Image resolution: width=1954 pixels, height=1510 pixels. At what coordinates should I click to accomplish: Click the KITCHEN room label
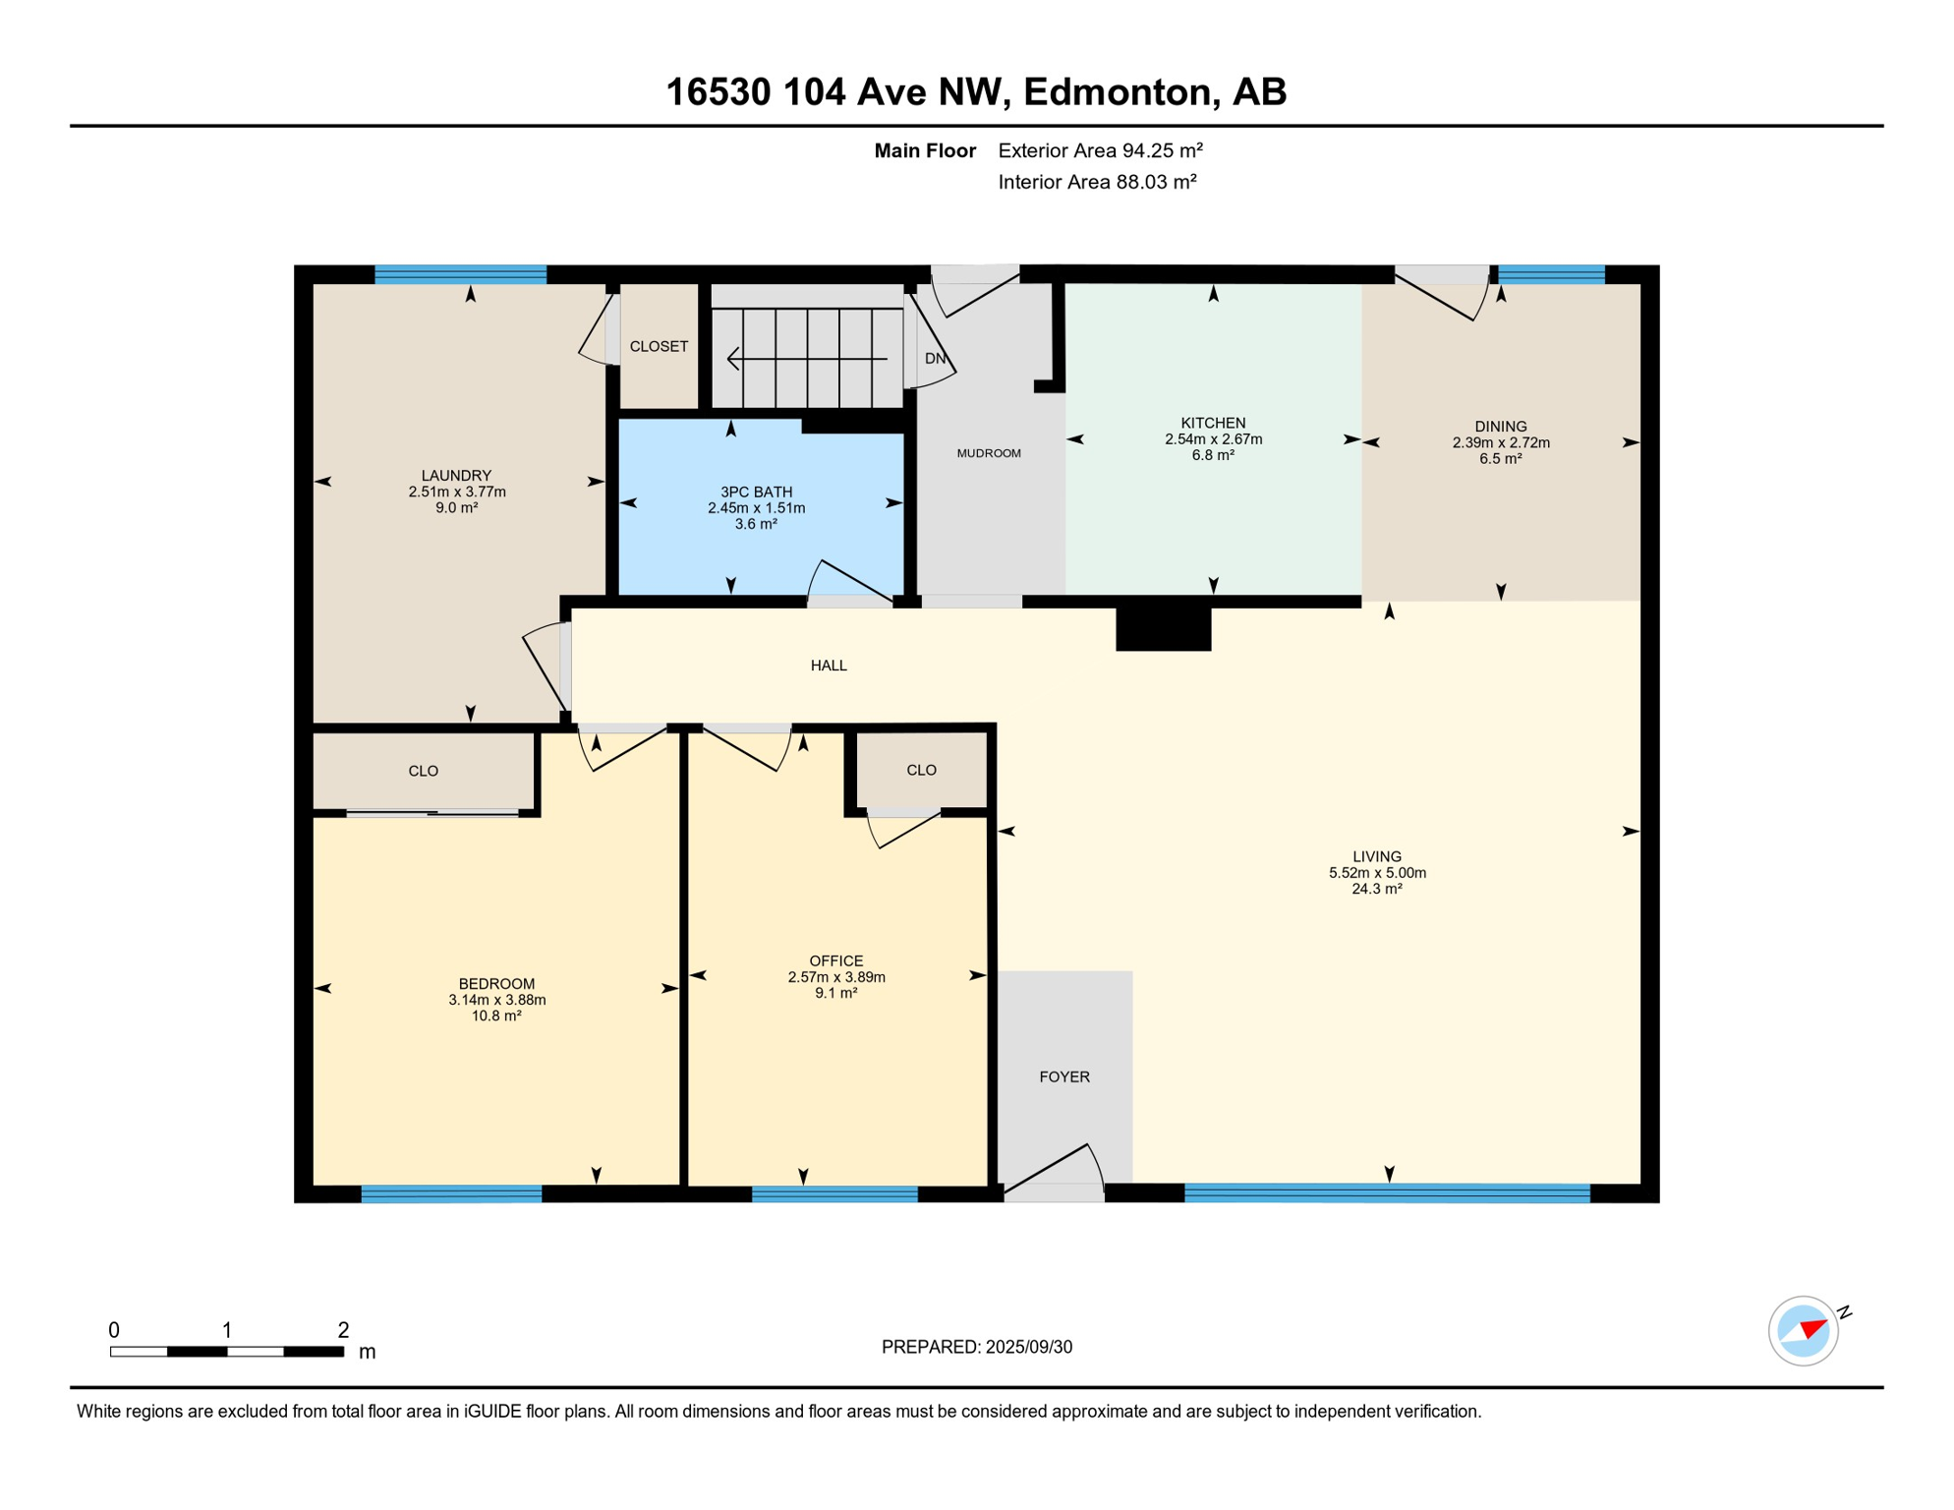tap(1213, 423)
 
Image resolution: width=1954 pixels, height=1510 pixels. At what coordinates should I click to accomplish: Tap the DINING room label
tap(1500, 426)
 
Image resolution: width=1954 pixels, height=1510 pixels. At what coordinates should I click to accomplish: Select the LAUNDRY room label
tap(456, 475)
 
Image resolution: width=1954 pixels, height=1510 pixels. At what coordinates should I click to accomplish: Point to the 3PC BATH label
tap(756, 492)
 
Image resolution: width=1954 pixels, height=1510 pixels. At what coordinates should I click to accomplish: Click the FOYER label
tap(1064, 1076)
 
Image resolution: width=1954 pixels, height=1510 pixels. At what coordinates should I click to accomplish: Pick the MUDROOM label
tap(989, 453)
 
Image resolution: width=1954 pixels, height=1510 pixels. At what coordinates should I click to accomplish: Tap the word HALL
tap(829, 666)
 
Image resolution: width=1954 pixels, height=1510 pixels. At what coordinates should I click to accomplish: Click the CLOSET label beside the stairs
tap(659, 346)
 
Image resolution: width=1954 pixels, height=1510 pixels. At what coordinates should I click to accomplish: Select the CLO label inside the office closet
tap(921, 770)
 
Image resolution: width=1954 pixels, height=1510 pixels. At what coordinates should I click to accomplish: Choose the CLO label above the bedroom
tap(424, 771)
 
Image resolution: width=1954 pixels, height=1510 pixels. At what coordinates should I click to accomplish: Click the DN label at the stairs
tap(935, 358)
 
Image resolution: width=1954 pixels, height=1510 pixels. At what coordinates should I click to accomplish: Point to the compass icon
tap(1804, 1331)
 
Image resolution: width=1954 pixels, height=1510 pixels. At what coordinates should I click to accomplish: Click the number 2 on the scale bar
tap(343, 1330)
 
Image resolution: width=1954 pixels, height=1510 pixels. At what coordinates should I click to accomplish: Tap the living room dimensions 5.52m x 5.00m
tap(1377, 872)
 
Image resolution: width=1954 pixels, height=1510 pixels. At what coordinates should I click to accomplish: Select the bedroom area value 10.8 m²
tap(496, 1016)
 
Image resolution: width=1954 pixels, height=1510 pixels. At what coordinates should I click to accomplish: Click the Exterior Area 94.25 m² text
tap(1101, 150)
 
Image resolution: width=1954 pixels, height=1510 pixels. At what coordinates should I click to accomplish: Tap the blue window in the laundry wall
tap(460, 274)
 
